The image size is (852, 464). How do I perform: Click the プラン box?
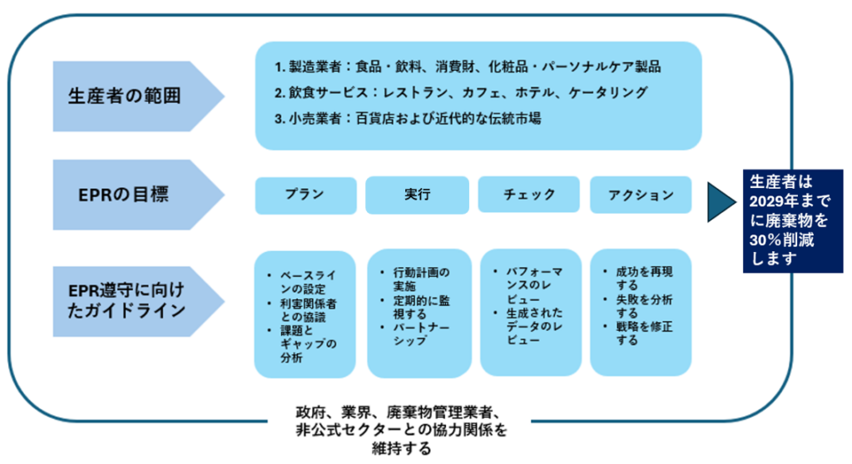tap(305, 195)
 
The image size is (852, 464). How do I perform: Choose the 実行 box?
tap(417, 195)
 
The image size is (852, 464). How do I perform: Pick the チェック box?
tap(529, 195)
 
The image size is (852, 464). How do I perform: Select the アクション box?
tap(641, 195)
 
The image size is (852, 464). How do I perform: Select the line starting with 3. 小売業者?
tap(409, 118)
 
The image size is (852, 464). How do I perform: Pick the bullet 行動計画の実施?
tap(420, 278)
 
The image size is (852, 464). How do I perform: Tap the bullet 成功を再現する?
tap(643, 278)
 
